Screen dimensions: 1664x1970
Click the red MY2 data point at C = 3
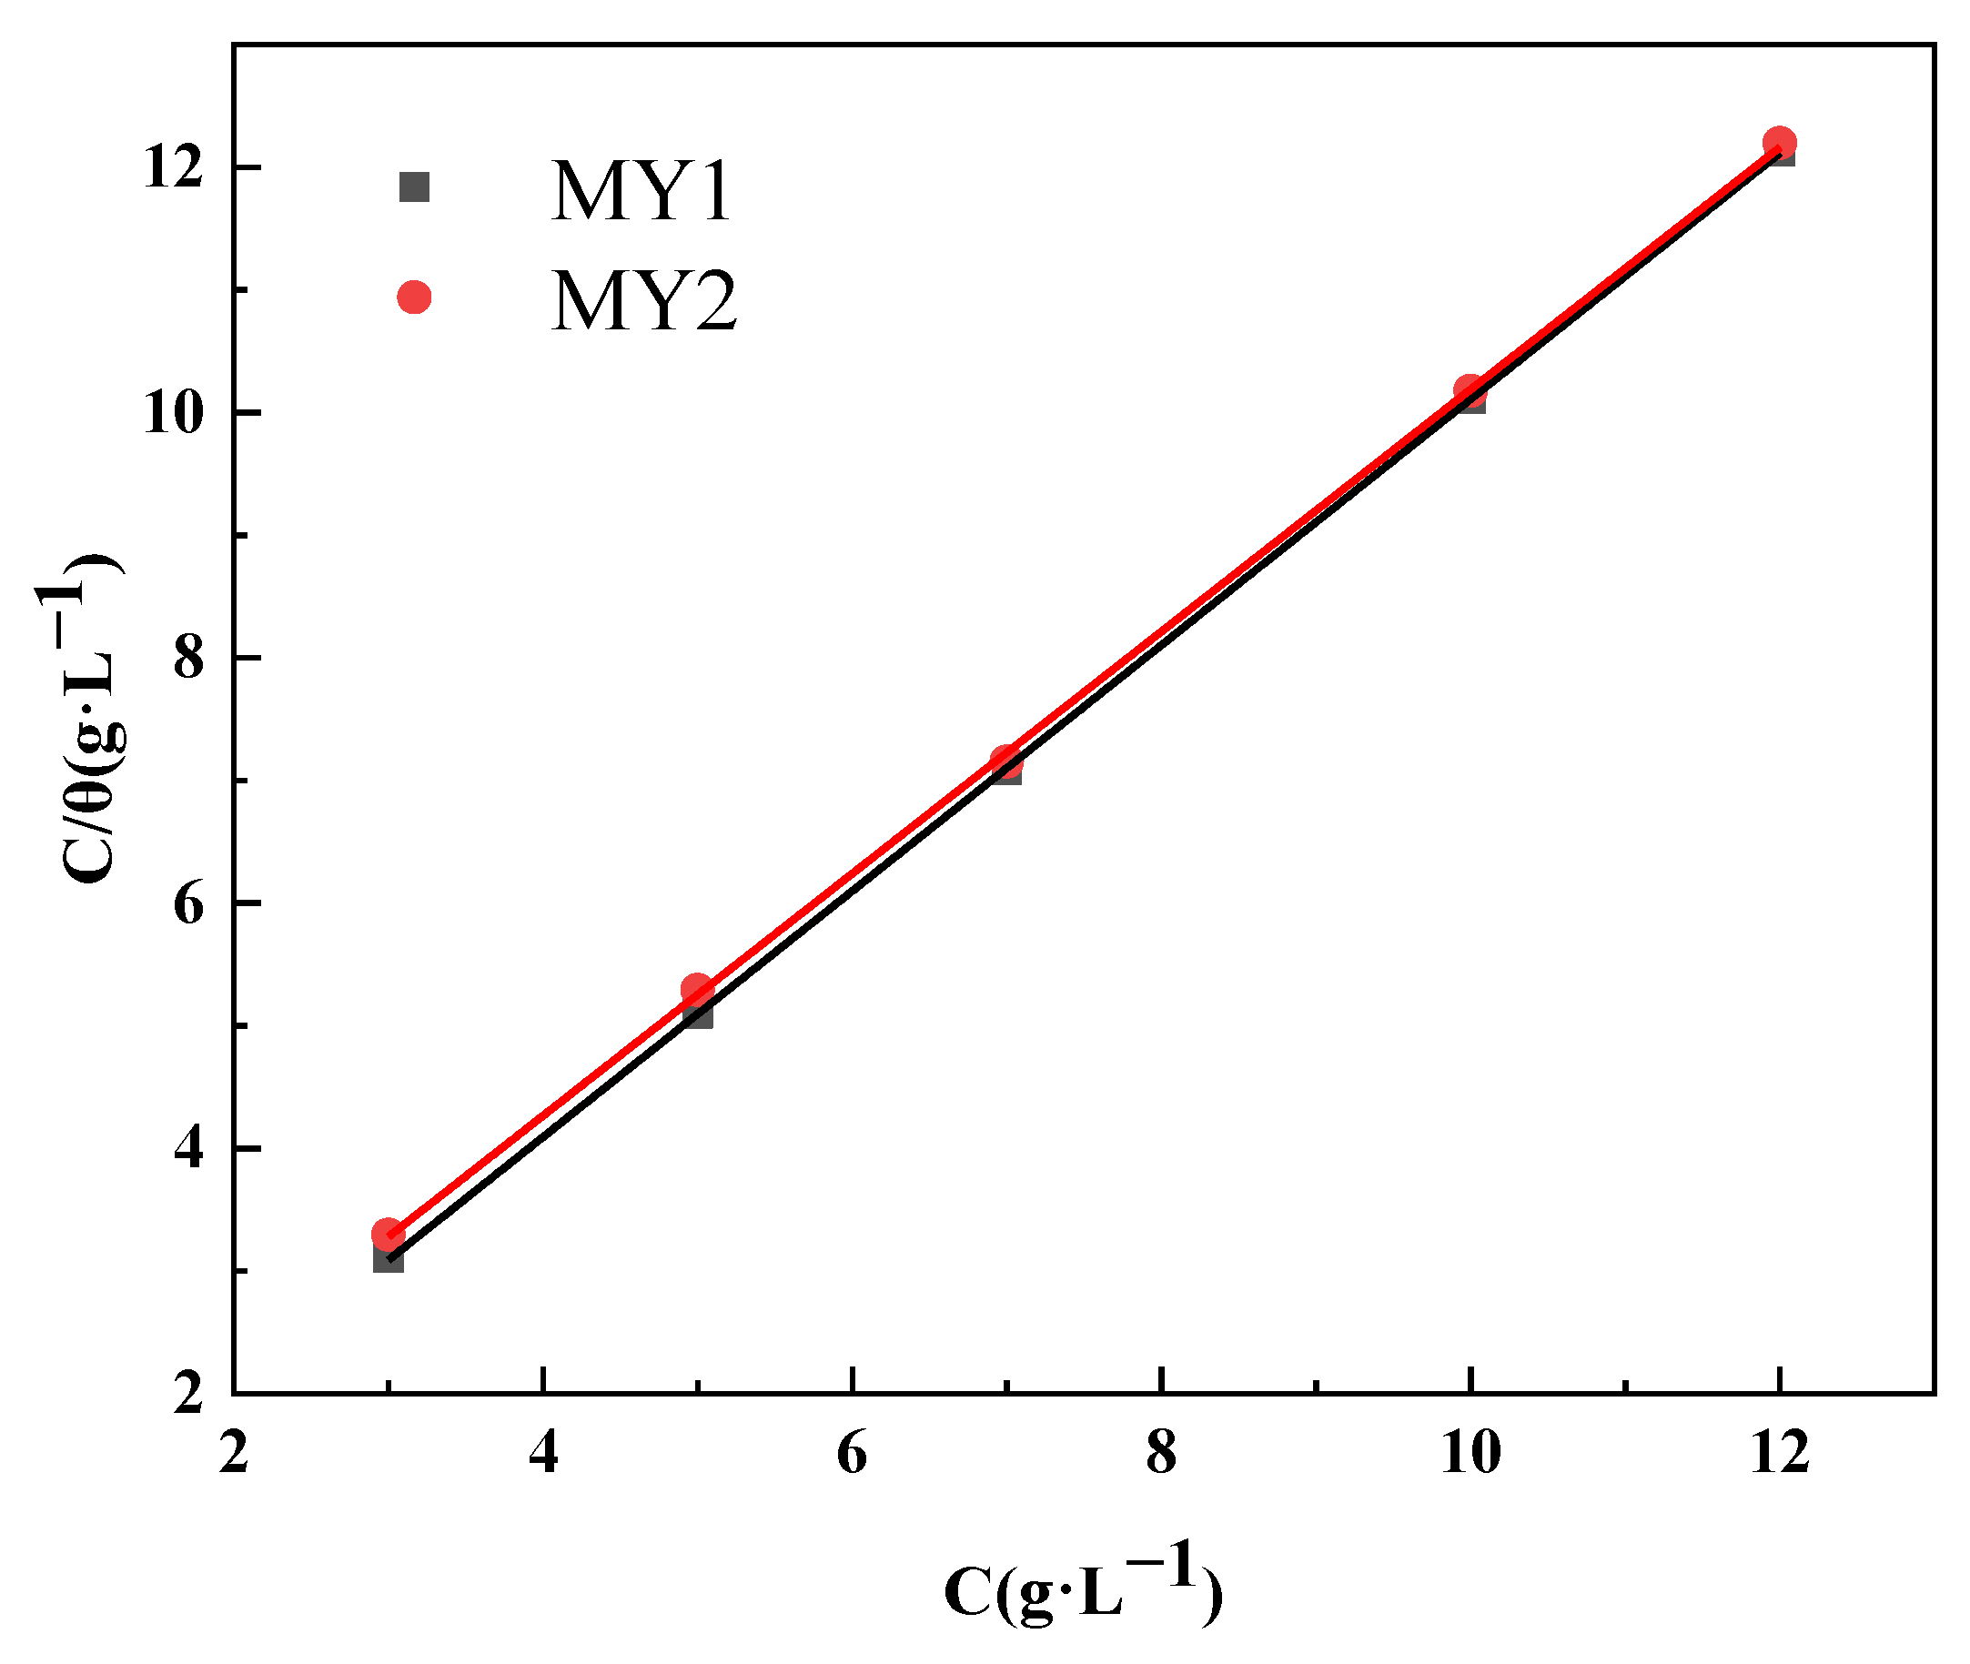pyautogui.click(x=388, y=1234)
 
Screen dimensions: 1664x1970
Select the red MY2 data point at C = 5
pyautogui.click(x=697, y=990)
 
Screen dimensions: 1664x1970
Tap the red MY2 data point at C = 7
pyautogui.click(x=1005, y=761)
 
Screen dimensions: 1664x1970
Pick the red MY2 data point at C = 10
pyautogui.click(x=1470, y=389)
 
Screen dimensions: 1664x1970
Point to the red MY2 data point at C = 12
pyautogui.click(x=1780, y=144)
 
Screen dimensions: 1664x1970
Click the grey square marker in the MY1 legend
pyautogui.click(x=414, y=187)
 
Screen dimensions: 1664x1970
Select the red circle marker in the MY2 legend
pyautogui.click(x=414, y=298)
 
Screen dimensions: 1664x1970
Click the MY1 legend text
pyautogui.click(x=641, y=191)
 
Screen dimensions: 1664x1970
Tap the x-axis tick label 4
pyautogui.click(x=543, y=1453)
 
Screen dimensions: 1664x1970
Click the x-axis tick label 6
pyautogui.click(x=852, y=1453)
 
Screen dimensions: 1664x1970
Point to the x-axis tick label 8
pyautogui.click(x=1161, y=1453)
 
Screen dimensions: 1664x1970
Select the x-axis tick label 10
pyautogui.click(x=1470, y=1453)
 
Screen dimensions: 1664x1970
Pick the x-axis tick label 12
pyautogui.click(x=1781, y=1453)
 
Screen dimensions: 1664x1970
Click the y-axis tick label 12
pyautogui.click(x=174, y=168)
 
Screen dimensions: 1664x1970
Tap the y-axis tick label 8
pyautogui.click(x=188, y=658)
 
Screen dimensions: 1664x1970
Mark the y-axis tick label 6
pyautogui.click(x=188, y=903)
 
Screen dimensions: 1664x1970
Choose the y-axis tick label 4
pyautogui.click(x=188, y=1148)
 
